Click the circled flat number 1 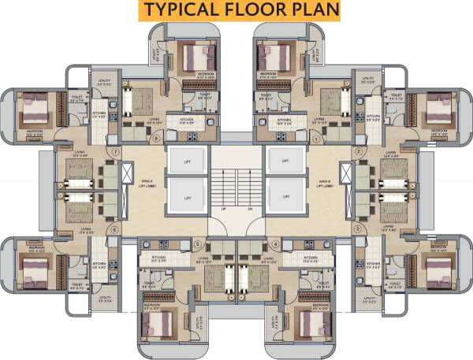tap(317, 139)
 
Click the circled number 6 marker tap(116, 230)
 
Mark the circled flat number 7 tap(116, 150)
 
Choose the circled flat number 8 tap(155, 139)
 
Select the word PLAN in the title tap(312, 9)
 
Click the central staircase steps tap(236, 185)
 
